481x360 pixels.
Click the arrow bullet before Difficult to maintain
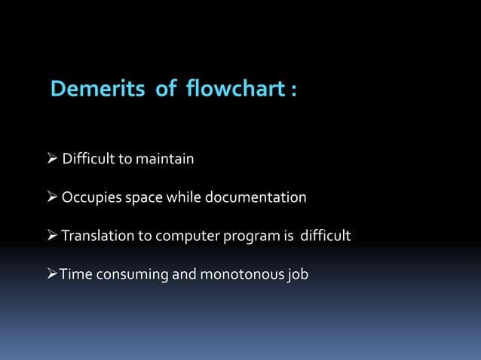(51, 159)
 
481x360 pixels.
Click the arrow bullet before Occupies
(51, 198)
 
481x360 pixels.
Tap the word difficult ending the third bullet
(326, 236)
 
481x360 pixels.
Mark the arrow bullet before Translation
(51, 236)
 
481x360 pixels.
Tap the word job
(298, 275)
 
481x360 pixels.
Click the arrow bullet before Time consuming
(51, 274)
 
